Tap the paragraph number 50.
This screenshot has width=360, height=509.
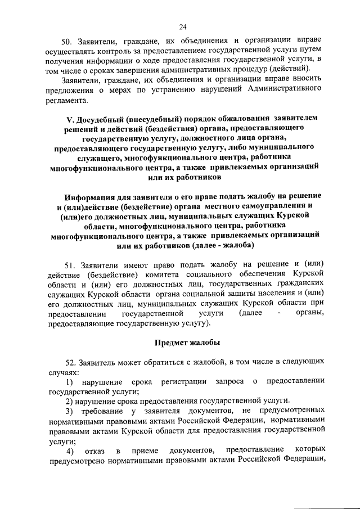coord(69,39)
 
